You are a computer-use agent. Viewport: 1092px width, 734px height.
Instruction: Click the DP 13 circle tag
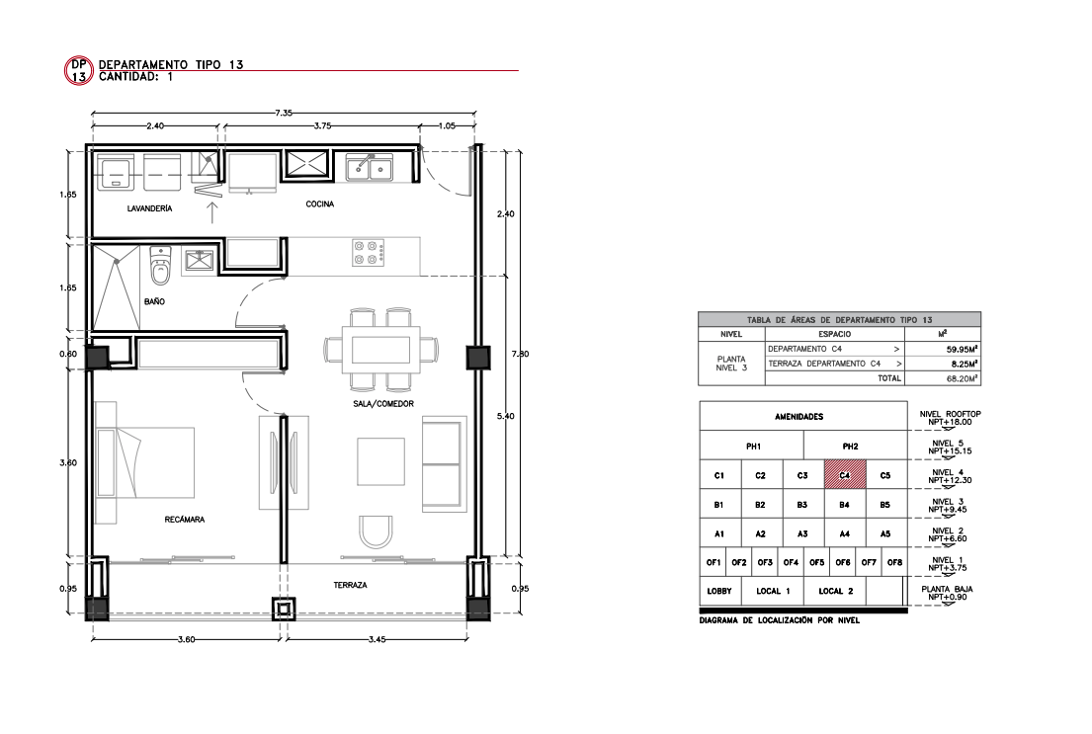click(79, 70)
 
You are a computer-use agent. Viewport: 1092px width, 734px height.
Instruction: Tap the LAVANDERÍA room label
click(150, 208)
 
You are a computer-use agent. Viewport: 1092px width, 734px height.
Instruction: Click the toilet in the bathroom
click(160, 265)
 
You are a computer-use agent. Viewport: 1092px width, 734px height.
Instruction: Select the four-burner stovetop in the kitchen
click(369, 252)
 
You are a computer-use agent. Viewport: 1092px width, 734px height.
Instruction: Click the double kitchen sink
click(370, 168)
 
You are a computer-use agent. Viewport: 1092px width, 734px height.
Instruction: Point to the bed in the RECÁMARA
click(145, 462)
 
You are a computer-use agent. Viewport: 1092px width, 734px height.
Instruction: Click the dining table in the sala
click(380, 349)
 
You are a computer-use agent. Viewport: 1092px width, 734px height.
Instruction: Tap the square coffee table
click(380, 461)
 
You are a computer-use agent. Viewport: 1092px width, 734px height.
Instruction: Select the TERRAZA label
click(350, 585)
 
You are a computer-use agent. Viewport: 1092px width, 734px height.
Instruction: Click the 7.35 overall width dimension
click(284, 112)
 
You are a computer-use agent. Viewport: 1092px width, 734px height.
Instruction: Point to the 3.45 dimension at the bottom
click(377, 638)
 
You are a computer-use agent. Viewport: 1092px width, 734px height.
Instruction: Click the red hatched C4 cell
click(845, 475)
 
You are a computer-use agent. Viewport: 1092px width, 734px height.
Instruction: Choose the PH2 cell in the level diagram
click(850, 446)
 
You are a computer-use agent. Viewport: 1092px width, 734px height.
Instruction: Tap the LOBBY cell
click(719, 591)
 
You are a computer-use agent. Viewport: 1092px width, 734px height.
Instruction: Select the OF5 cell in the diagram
click(817, 563)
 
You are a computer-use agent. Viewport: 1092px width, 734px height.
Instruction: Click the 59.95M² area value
click(962, 349)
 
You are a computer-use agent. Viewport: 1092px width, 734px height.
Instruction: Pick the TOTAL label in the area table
click(889, 378)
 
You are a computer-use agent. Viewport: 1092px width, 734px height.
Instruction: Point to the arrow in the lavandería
click(213, 211)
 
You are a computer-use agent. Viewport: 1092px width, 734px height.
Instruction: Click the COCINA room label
click(319, 204)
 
